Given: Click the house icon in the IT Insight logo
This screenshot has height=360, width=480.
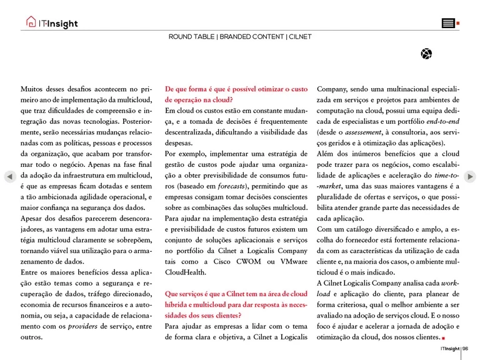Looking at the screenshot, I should (x=31, y=22).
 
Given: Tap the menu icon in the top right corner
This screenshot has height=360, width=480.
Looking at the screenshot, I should (x=448, y=24).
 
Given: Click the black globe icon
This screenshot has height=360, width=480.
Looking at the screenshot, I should (x=426, y=54).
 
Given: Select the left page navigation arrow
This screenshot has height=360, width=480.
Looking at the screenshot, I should (x=9, y=177).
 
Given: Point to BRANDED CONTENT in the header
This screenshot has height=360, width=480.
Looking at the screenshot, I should (x=252, y=37).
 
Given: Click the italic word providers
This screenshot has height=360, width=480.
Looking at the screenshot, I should (x=83, y=326).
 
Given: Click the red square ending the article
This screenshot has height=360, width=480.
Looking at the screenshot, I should (x=443, y=338).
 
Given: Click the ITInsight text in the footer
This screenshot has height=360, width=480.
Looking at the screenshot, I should (x=449, y=349).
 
